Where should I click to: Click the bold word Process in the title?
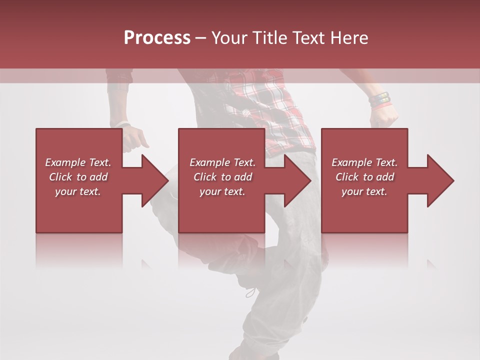[x=157, y=38]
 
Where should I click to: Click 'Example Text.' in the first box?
[x=78, y=162]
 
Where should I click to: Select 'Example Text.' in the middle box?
[x=222, y=162]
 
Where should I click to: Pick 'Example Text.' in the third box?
[x=364, y=162]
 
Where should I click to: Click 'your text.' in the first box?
[x=78, y=191]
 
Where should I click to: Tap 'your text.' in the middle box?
[x=222, y=191]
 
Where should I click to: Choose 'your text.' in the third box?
[x=364, y=191]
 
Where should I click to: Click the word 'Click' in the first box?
[x=60, y=177]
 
